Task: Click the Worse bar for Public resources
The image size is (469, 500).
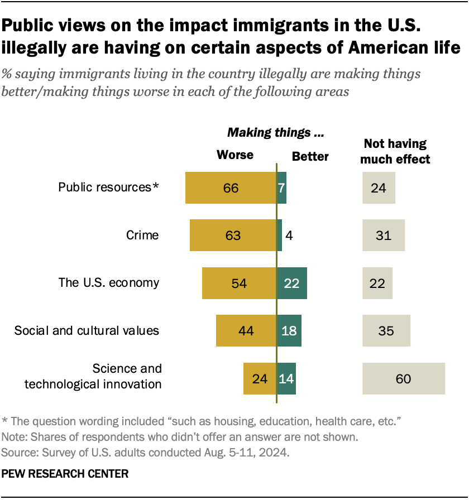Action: (x=231, y=187)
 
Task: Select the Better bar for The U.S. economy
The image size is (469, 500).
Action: (x=292, y=283)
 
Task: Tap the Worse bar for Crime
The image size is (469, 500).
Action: (x=233, y=235)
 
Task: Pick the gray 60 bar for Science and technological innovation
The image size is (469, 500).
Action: (x=404, y=379)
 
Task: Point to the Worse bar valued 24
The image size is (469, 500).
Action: (x=260, y=379)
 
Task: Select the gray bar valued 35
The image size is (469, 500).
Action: (x=386, y=331)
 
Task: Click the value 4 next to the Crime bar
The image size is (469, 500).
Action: (x=289, y=235)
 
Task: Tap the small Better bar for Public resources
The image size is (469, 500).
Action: (x=282, y=187)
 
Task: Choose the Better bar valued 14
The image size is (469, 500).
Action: (x=286, y=379)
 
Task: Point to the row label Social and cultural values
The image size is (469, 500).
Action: (x=87, y=331)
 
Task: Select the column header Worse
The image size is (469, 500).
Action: (x=235, y=155)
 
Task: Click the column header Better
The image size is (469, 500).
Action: (x=310, y=157)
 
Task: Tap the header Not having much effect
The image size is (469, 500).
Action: (x=395, y=151)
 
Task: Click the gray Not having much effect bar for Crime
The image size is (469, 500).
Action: (x=383, y=235)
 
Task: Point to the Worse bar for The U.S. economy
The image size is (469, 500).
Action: (x=240, y=283)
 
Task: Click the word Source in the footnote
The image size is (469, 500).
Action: (x=17, y=452)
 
